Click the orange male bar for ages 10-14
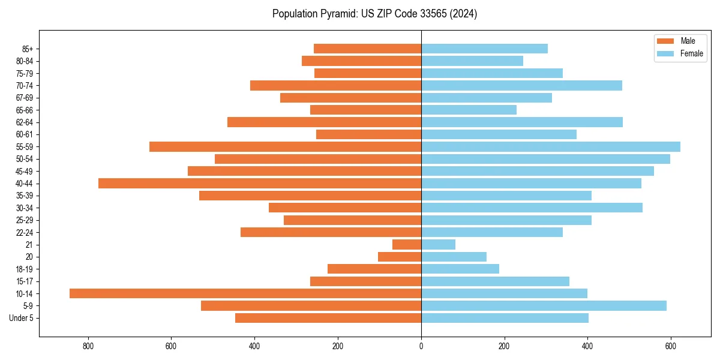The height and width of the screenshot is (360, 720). (x=245, y=293)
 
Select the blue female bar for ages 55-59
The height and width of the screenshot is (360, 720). (x=551, y=146)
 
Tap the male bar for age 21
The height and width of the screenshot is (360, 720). (x=407, y=244)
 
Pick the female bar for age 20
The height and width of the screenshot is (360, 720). (x=454, y=257)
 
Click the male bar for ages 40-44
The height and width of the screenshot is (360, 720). (x=260, y=183)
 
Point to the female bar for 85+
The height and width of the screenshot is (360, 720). (x=484, y=49)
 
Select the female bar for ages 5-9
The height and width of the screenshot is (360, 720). (x=544, y=305)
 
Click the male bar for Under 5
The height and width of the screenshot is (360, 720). (x=328, y=318)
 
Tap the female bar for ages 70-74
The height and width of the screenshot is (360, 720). (x=521, y=85)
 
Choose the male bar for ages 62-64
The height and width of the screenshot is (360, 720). (x=324, y=122)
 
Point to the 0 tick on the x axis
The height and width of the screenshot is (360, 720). (x=421, y=346)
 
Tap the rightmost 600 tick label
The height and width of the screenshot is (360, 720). (x=670, y=346)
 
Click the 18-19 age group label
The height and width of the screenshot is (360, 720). (x=25, y=269)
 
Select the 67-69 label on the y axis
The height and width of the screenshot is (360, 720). (x=25, y=98)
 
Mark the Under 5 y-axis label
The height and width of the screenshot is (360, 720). (x=22, y=318)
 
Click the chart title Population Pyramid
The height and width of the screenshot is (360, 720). (x=374, y=14)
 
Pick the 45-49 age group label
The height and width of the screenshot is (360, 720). (x=25, y=171)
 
